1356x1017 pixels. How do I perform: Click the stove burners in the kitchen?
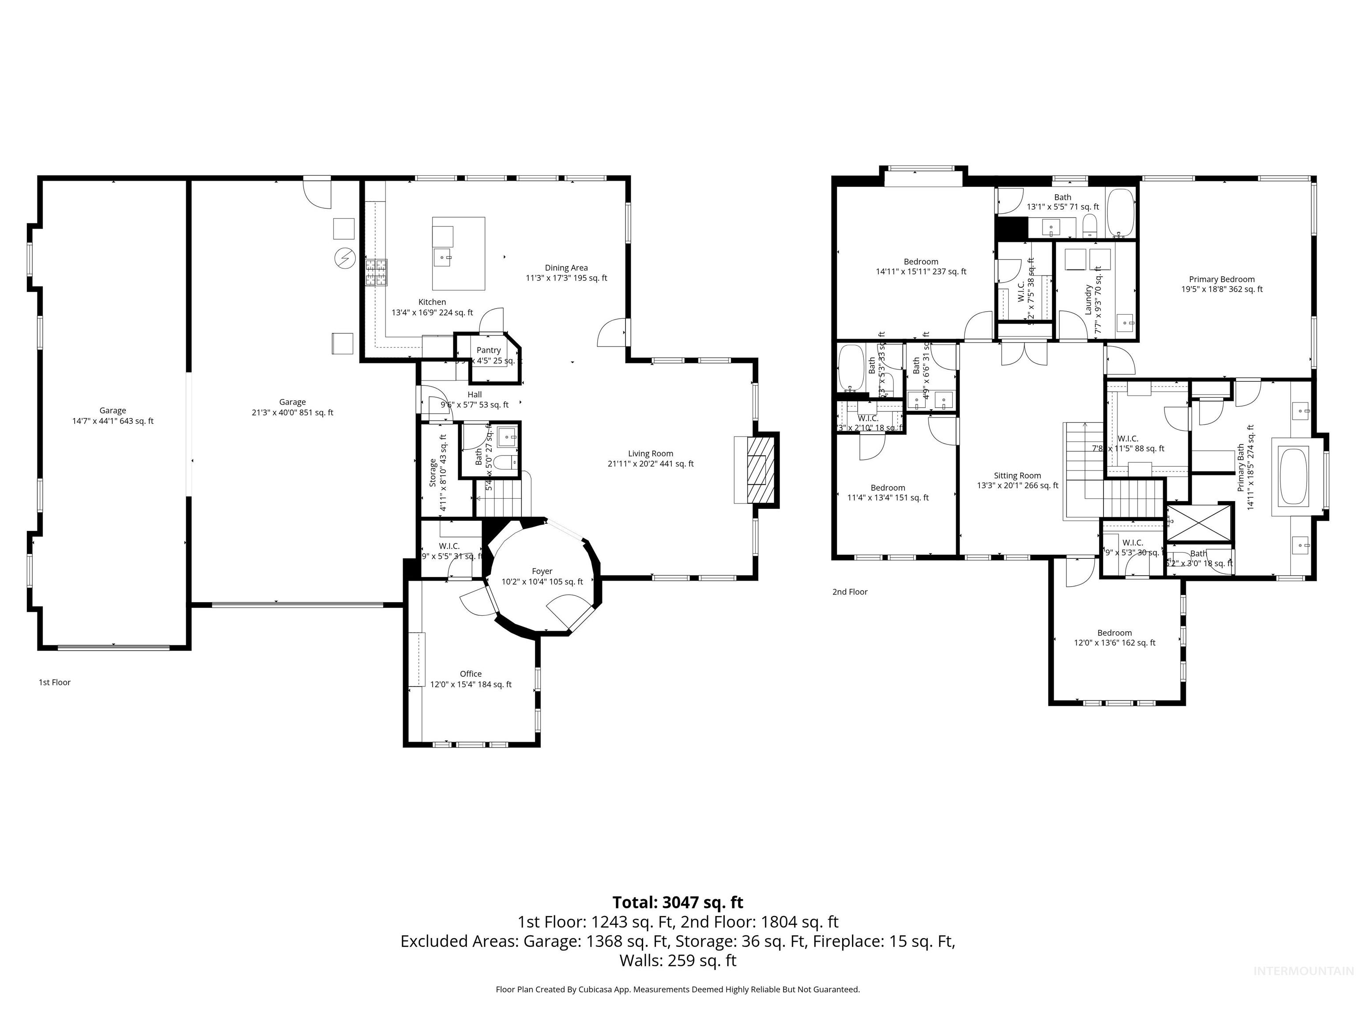point(377,273)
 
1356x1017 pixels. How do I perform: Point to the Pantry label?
point(489,350)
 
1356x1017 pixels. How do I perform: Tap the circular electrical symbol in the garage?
point(344,258)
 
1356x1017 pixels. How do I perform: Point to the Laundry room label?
point(1089,300)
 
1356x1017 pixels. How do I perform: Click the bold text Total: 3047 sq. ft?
point(678,902)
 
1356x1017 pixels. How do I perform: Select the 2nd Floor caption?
point(850,591)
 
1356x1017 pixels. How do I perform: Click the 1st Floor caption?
point(55,682)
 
